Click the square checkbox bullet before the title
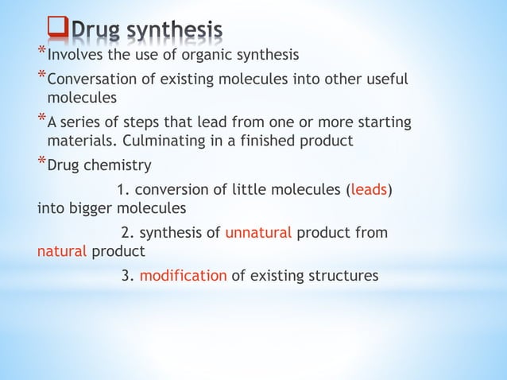coord(58,29)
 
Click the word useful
coord(386,79)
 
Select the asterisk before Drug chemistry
coord(41,162)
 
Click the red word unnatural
coord(258,233)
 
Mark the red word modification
coord(183,276)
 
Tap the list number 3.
coord(127,276)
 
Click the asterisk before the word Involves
coord(41,51)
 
